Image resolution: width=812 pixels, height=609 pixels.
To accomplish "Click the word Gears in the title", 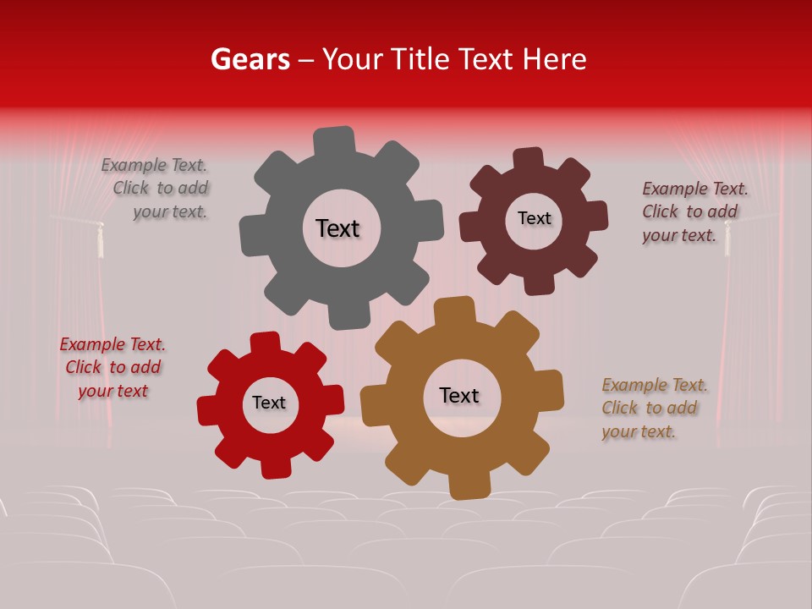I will (x=250, y=59).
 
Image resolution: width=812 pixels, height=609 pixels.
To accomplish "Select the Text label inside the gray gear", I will (x=337, y=228).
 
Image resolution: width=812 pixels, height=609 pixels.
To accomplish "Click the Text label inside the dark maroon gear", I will (x=534, y=218).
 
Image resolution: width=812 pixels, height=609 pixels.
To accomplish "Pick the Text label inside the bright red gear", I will (x=269, y=403).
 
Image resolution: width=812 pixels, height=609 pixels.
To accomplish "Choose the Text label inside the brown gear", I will (x=459, y=396).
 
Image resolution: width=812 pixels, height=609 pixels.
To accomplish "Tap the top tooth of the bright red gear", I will (x=266, y=343).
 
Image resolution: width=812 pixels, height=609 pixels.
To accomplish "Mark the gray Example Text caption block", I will (x=156, y=189).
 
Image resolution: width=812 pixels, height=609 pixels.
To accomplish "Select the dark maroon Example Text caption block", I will (x=694, y=212).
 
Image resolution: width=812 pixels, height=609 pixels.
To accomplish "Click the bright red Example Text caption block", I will (x=112, y=368).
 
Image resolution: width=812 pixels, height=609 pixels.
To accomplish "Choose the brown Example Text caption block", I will (x=653, y=409).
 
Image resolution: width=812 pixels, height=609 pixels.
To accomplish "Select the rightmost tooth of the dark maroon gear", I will (x=597, y=215).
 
